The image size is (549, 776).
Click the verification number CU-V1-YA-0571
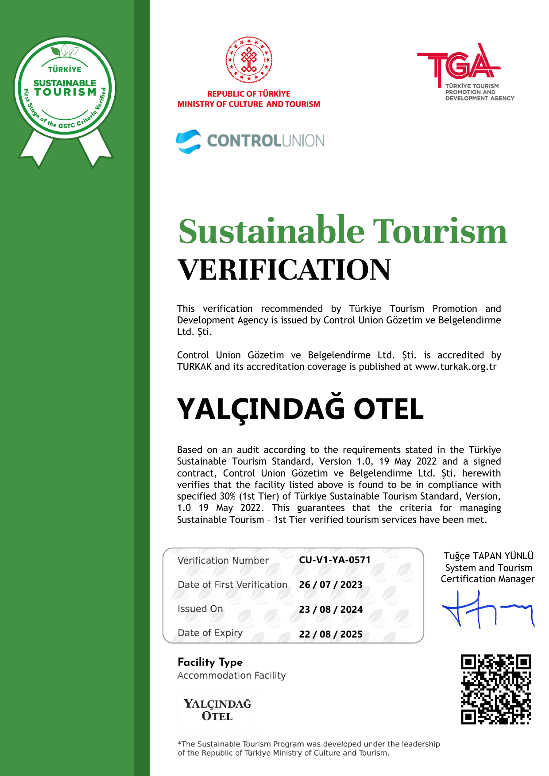[x=334, y=560]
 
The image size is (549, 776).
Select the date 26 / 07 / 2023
[x=330, y=585]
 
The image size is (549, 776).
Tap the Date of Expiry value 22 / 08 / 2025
[x=330, y=634]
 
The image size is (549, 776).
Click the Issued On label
[x=200, y=609]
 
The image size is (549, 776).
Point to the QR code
[x=495, y=689]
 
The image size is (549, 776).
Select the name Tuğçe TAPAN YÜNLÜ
[x=488, y=556]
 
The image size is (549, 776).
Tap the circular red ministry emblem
[x=249, y=60]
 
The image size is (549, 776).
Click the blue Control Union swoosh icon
[x=189, y=141]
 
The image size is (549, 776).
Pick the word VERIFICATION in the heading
[x=284, y=269]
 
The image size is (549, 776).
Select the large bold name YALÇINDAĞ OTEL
[x=300, y=409]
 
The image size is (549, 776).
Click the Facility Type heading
[x=210, y=662]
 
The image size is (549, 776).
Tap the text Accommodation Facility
[x=232, y=676]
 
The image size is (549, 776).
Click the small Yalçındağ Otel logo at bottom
[x=217, y=710]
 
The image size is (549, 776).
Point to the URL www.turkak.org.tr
[x=455, y=367]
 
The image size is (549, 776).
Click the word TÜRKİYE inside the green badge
[x=65, y=69]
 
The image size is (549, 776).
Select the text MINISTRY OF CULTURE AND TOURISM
[x=248, y=104]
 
